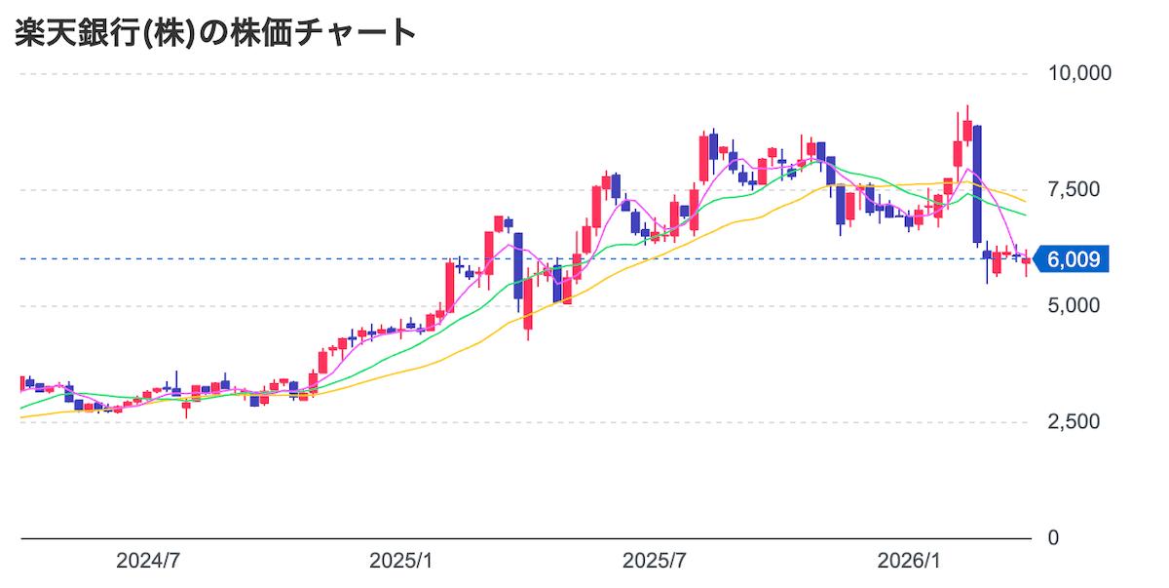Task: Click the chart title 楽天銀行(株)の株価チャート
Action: point(215,33)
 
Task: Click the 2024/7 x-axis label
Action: point(148,562)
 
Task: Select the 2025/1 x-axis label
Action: point(401,562)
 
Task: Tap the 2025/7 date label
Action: point(655,562)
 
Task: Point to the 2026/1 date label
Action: point(908,562)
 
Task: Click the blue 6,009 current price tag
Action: point(1072,259)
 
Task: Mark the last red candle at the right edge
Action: point(1026,260)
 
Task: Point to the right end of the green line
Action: point(1025,214)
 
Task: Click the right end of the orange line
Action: point(1025,201)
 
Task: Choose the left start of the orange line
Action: point(22,417)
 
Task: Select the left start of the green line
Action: point(22,408)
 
